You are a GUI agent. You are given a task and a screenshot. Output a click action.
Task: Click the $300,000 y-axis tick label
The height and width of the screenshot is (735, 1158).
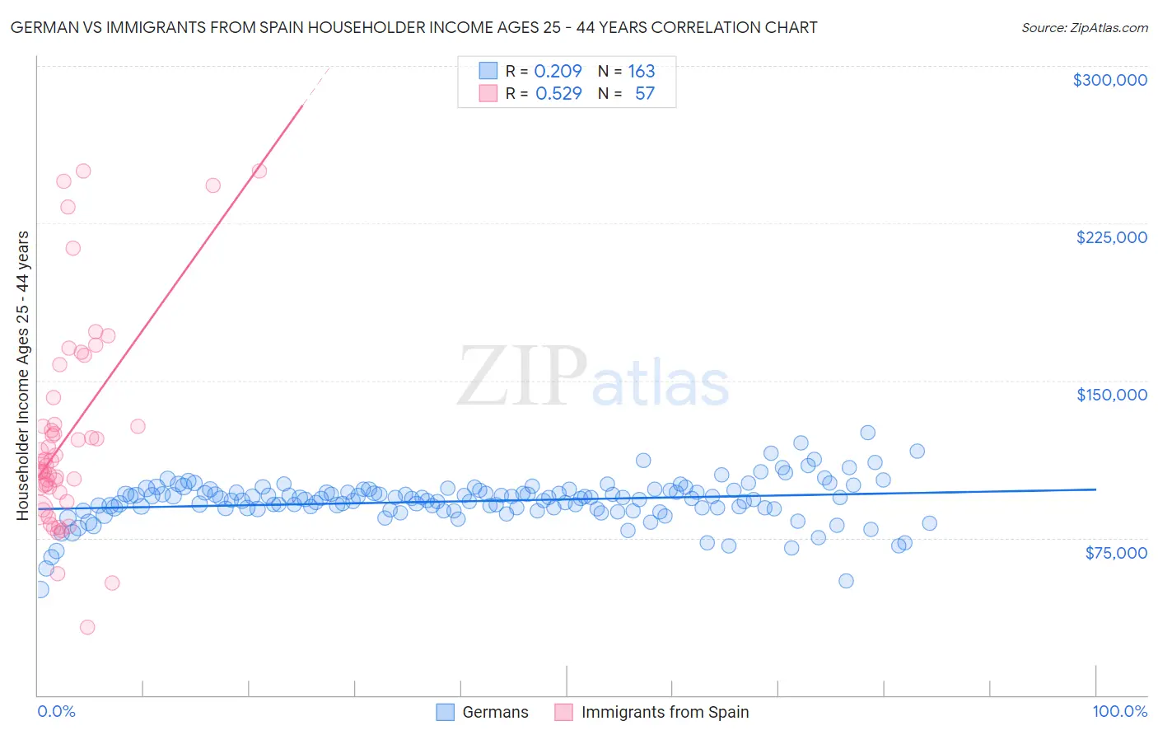click(x=1109, y=80)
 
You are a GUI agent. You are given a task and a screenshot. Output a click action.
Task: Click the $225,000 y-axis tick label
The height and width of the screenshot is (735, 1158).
click(x=1111, y=237)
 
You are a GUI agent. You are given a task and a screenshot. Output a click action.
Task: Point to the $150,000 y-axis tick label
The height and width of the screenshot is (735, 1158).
click(x=1111, y=395)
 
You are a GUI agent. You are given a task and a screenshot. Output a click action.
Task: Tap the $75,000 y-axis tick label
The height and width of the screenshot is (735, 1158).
click(x=1116, y=553)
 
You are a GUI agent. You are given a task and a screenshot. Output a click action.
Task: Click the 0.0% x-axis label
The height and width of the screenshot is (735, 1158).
click(x=56, y=711)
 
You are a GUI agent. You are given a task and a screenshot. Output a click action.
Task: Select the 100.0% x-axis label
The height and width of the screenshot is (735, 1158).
click(x=1119, y=711)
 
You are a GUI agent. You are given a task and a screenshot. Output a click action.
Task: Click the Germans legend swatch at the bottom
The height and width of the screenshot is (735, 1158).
click(x=446, y=712)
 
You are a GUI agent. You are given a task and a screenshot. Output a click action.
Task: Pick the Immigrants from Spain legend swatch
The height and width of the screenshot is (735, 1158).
click(x=564, y=712)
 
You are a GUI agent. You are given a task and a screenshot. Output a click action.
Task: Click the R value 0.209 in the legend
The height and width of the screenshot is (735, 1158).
click(x=558, y=71)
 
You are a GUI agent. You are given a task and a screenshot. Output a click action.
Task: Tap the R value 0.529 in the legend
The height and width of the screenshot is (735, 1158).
click(x=558, y=93)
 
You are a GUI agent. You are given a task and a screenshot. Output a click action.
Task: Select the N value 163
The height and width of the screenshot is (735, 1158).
click(x=642, y=71)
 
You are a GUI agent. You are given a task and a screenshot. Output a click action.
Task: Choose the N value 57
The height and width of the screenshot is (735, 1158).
click(x=645, y=93)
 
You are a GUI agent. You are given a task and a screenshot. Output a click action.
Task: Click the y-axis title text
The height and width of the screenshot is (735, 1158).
click(x=23, y=376)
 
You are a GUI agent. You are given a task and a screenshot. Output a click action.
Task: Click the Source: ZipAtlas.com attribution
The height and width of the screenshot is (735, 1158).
click(x=1084, y=27)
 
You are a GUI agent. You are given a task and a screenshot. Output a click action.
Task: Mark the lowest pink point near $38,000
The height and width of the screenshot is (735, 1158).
click(x=87, y=627)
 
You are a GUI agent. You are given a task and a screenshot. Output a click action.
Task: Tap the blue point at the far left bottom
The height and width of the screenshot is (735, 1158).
click(x=40, y=589)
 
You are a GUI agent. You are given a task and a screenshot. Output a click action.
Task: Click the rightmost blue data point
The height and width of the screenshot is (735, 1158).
click(x=929, y=523)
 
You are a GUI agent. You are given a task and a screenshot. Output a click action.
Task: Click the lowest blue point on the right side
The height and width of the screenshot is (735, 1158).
click(x=846, y=581)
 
